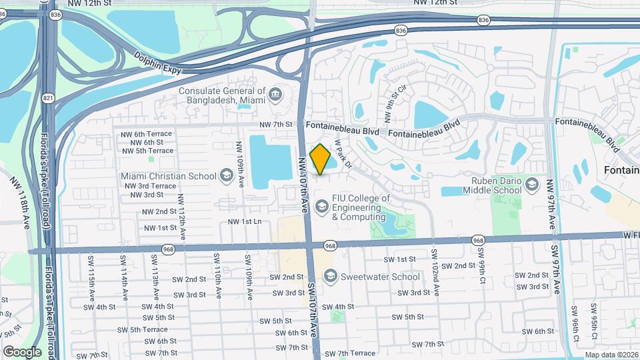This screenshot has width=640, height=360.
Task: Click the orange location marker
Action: pyautogui.click(x=321, y=159)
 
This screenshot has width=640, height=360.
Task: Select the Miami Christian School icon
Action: pyautogui.click(x=226, y=175)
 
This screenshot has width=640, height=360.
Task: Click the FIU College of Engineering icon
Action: pyautogui.click(x=322, y=207)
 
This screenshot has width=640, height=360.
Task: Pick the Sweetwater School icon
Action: pyautogui.click(x=329, y=276)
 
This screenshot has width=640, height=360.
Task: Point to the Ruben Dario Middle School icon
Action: pyautogui.click(x=531, y=185)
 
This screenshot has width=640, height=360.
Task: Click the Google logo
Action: pyautogui.click(x=22, y=351)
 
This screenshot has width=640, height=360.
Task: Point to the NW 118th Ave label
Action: pyautogui.click(x=21, y=203)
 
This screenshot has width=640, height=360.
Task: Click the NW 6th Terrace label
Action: pyautogui.click(x=146, y=133)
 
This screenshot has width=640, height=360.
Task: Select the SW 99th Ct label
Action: pyautogui.click(x=481, y=265)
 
